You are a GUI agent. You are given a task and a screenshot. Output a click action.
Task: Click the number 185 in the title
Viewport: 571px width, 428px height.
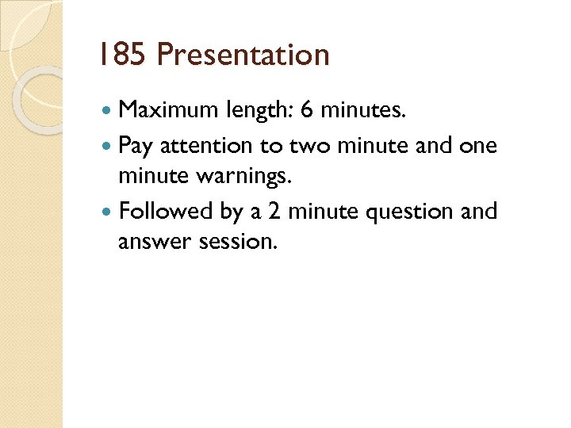coord(123,55)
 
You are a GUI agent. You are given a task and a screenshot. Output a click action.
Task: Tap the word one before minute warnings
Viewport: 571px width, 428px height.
coord(478,146)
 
